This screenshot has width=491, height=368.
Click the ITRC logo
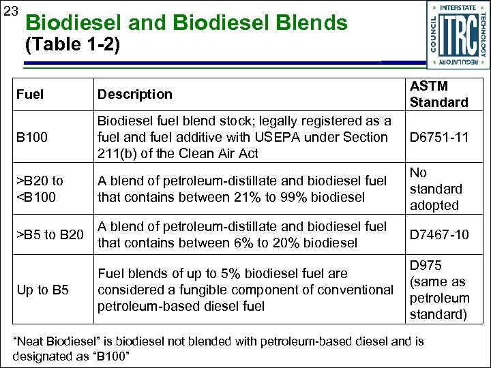coord(458,35)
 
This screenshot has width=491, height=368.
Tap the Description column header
coord(135,94)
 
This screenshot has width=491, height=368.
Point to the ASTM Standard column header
coord(438,94)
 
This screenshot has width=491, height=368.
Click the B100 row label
coord(33,138)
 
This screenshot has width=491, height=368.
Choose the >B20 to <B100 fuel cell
coord(40,189)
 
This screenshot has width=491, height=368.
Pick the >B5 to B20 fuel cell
coord(50,235)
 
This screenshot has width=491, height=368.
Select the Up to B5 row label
coord(43,290)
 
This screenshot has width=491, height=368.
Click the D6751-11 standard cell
coord(439,138)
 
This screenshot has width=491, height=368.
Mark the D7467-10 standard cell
coord(439,235)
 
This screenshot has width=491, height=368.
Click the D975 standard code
coord(423,265)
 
